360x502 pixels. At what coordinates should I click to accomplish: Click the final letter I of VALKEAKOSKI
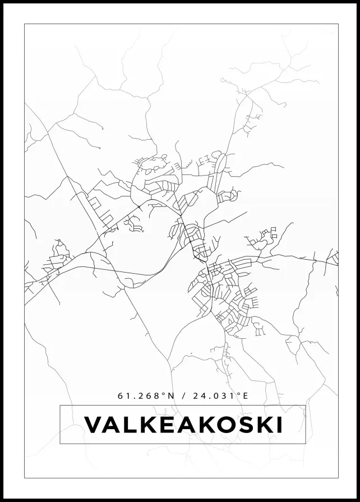point(279,425)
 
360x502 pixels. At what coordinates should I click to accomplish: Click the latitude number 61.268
point(138,396)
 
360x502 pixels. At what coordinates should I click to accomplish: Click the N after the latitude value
point(172,396)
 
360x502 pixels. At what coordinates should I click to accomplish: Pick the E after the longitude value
point(245,396)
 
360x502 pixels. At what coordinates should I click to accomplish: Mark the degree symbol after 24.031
point(238,394)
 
